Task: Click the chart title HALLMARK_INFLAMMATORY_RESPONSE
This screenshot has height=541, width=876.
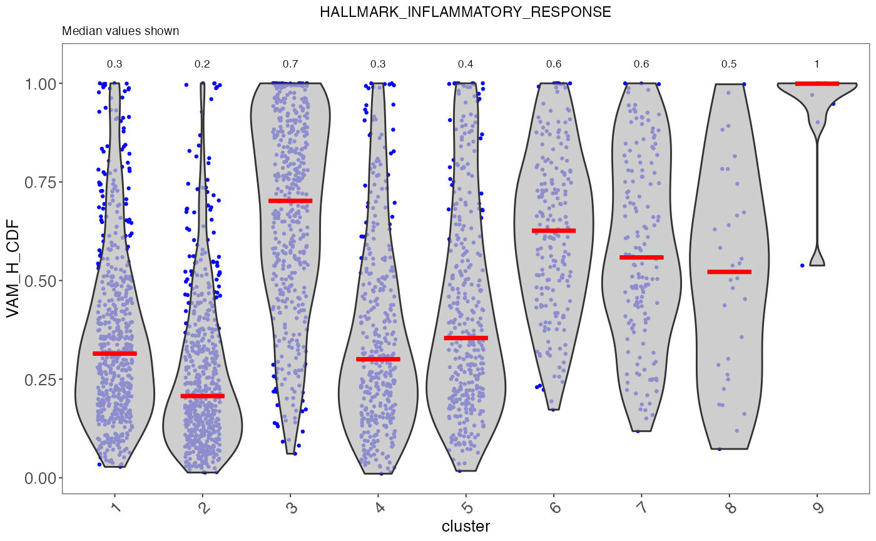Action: [x=465, y=13]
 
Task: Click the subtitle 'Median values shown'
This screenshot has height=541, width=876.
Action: [x=121, y=31]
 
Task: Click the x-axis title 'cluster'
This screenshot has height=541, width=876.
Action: [x=466, y=526]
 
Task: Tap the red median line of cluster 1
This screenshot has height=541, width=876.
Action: [x=115, y=353]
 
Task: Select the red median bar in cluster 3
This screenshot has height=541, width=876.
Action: [x=290, y=201]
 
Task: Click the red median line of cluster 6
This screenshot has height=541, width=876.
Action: [x=554, y=231]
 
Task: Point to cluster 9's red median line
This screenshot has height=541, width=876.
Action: [x=817, y=83]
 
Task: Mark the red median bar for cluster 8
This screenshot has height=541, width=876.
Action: [x=729, y=271]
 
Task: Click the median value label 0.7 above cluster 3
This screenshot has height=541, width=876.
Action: [x=290, y=64]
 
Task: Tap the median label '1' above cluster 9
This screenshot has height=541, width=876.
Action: [x=817, y=64]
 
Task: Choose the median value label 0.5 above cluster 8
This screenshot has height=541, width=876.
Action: [x=729, y=64]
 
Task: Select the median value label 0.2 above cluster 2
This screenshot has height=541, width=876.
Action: [x=202, y=64]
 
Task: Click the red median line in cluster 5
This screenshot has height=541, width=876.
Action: [x=466, y=338]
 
